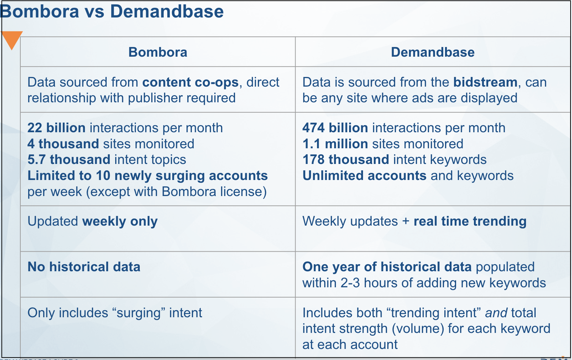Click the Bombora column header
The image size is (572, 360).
pos(158,52)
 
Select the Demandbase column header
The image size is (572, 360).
pos(433,52)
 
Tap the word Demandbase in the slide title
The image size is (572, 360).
pos(167,11)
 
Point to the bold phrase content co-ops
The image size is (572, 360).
pos(190,82)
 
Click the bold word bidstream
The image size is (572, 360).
pos(485,82)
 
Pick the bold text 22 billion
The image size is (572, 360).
pos(56,128)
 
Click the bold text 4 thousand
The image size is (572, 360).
pos(63,144)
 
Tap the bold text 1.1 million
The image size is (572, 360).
pos(335,144)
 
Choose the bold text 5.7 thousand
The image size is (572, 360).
pos(69,160)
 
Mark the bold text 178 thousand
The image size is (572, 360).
pos(346,160)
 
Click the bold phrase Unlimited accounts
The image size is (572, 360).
pos(365,176)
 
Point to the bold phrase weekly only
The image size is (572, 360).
pos(120,221)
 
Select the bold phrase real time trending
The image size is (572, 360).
pos(470,221)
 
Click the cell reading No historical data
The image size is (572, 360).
pos(84,267)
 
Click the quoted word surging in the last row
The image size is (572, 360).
pos(139,313)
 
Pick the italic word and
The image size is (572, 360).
pos(496,313)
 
